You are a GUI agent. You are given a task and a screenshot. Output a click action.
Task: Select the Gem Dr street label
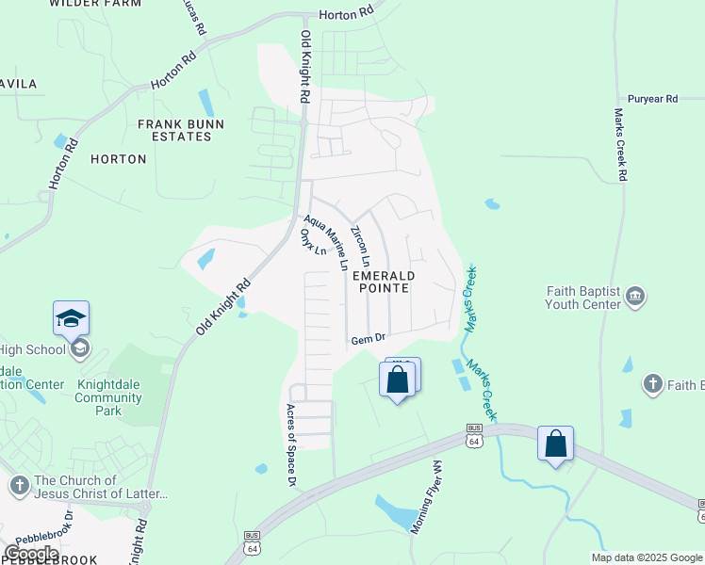pyautogui.click(x=369, y=339)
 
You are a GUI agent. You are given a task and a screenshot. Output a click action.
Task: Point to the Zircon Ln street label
pyautogui.click(x=360, y=245)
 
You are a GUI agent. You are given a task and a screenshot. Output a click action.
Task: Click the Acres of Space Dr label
pyautogui.click(x=291, y=445)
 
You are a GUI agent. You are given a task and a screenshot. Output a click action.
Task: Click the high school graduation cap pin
pyautogui.click(x=72, y=319)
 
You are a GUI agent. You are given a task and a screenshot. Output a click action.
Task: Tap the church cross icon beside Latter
pyautogui.click(x=19, y=486)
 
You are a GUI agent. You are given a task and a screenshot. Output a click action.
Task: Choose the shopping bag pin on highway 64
pyautogui.click(x=555, y=444)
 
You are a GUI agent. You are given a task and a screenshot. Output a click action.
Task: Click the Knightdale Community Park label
pyautogui.click(x=108, y=397)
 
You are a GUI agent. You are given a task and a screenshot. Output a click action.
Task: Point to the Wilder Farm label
pyautogui.click(x=94, y=4)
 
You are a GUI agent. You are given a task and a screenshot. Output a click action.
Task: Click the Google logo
pyautogui.click(x=30, y=554)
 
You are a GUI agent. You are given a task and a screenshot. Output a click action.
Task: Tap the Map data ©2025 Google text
pyautogui.click(x=647, y=557)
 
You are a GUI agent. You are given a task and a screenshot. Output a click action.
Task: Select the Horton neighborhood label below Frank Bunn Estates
pyautogui.click(x=119, y=159)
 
